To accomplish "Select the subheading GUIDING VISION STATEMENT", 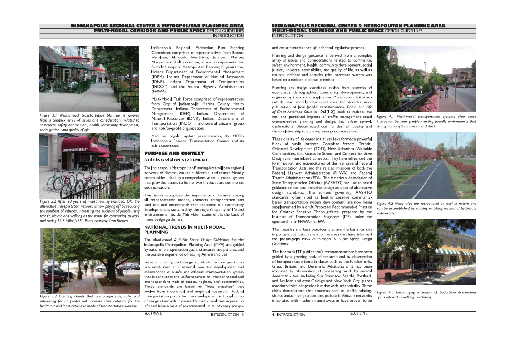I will click(176, 160).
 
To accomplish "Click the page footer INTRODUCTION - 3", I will click(227, 314).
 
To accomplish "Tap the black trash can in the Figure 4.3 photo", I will click(388, 276).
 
